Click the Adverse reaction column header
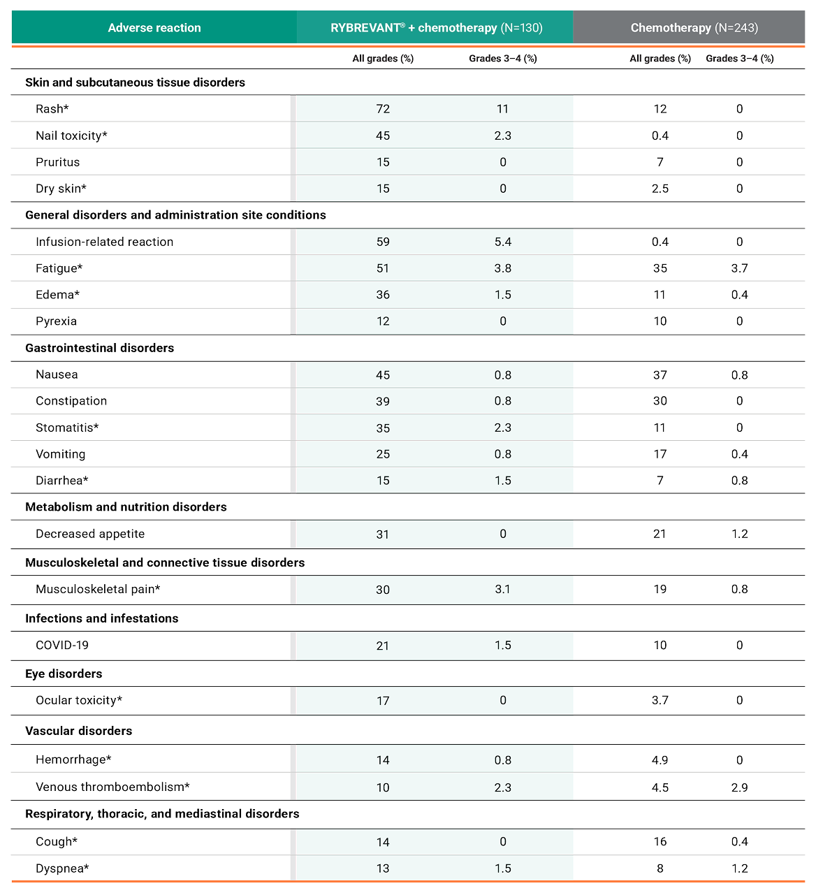point(154,28)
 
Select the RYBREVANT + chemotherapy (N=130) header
point(436,28)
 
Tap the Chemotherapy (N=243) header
point(694,28)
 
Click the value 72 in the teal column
point(383,109)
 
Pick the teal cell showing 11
point(503,109)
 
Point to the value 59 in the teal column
point(383,242)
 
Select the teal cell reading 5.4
point(503,242)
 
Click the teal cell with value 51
point(383,269)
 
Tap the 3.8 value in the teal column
point(503,269)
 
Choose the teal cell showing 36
point(383,296)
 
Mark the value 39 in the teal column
point(383,402)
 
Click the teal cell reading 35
point(383,428)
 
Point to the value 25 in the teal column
point(383,455)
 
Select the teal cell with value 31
point(383,534)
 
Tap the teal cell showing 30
point(383,590)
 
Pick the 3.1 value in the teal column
point(503,590)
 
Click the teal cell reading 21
point(383,646)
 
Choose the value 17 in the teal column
point(383,701)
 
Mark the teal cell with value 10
point(383,787)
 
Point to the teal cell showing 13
point(383,869)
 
